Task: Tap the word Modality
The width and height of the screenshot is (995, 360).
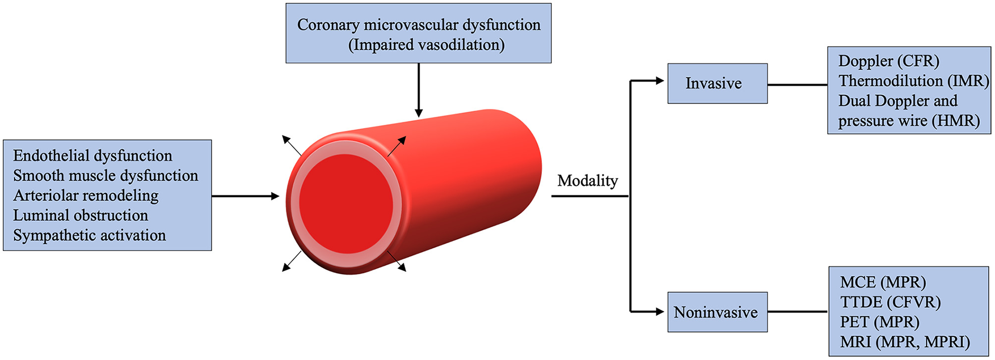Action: click(x=587, y=181)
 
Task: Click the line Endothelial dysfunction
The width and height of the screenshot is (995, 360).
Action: click(x=93, y=156)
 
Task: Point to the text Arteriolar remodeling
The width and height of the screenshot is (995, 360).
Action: click(x=86, y=195)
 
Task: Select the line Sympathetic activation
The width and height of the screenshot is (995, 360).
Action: click(x=90, y=235)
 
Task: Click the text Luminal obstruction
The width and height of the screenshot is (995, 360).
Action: click(x=81, y=216)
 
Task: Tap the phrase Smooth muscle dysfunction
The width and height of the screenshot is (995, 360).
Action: click(x=106, y=176)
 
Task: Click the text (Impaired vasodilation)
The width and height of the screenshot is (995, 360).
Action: click(x=426, y=45)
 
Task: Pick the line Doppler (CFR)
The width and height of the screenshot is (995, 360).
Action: click(x=888, y=61)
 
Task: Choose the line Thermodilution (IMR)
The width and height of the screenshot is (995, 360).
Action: click(x=914, y=81)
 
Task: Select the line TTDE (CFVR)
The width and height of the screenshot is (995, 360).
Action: click(x=890, y=302)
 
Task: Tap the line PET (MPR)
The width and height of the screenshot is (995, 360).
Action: click(x=879, y=322)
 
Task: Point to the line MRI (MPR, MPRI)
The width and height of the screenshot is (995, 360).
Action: click(x=905, y=342)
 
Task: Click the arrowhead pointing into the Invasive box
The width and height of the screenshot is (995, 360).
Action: click(x=660, y=81)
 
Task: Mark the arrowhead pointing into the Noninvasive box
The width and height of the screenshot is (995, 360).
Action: click(x=660, y=312)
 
